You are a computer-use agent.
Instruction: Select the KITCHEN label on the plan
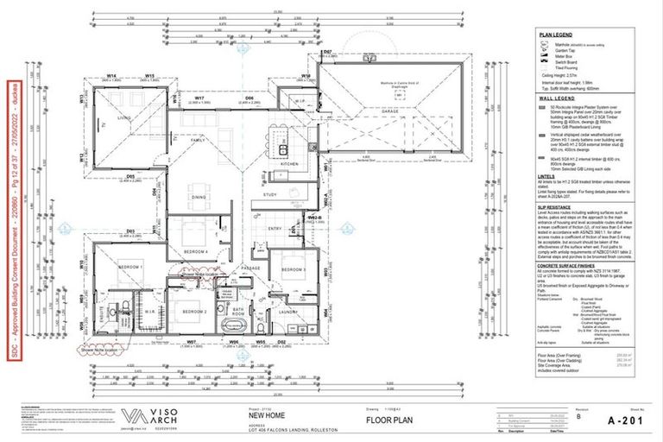289,163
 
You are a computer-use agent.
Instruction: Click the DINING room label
199,198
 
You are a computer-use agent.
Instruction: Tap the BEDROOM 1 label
130,268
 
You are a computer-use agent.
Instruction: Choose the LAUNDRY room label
287,313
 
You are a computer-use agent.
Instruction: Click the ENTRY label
275,228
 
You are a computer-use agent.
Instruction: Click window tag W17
199,98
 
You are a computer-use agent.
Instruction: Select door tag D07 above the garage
327,53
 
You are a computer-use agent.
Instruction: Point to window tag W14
112,76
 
